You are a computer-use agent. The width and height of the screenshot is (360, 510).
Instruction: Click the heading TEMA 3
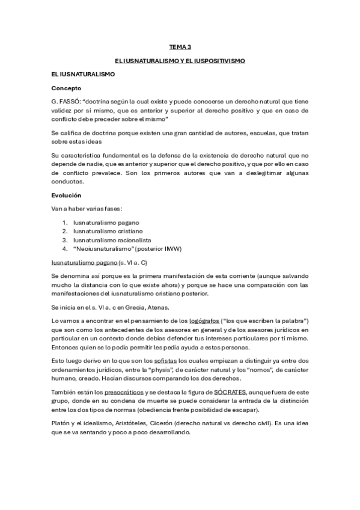coord(180,46)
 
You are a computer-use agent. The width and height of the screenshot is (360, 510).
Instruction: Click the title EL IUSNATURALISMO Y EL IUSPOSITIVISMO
coord(180,61)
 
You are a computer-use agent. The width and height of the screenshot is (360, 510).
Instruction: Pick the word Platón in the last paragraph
coord(62,423)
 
